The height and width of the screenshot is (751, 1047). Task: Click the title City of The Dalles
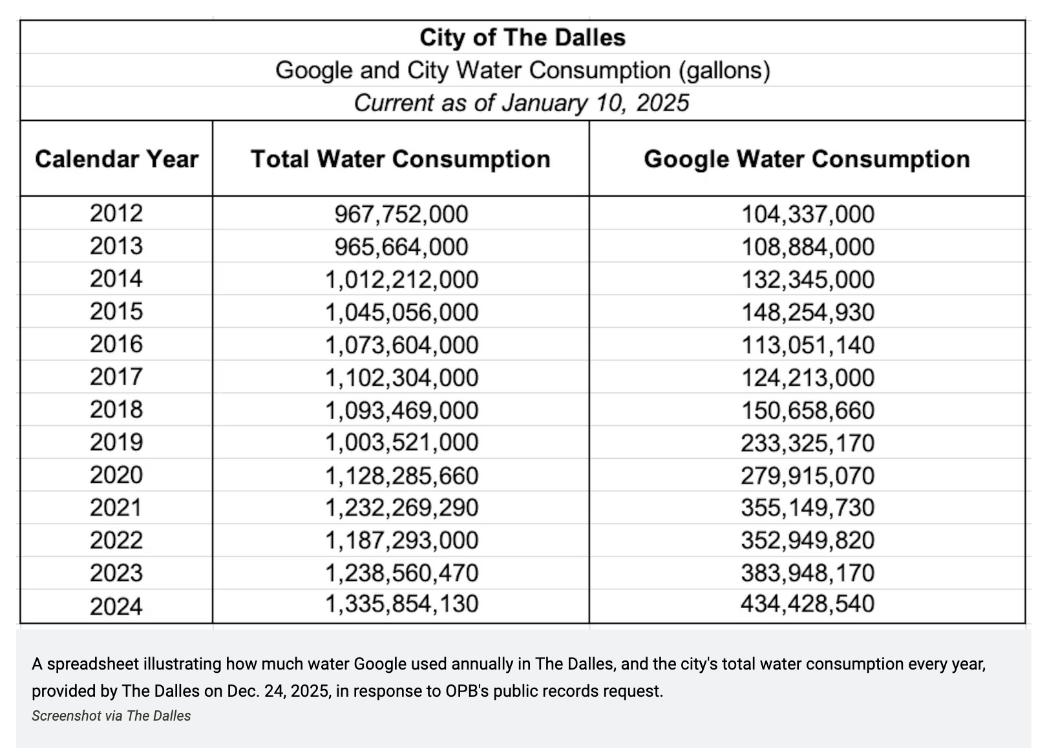pyautogui.click(x=522, y=37)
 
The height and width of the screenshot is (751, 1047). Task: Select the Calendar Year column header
pyautogui.click(x=116, y=159)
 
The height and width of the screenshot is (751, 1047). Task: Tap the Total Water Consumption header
pyautogui.click(x=401, y=159)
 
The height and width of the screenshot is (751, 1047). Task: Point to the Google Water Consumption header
pyautogui.click(x=807, y=159)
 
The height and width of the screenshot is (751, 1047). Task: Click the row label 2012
pyautogui.click(x=116, y=213)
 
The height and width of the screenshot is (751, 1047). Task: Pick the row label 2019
pyautogui.click(x=116, y=442)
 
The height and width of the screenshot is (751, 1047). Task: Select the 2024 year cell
pyautogui.click(x=116, y=606)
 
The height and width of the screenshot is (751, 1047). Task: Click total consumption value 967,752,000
pyautogui.click(x=401, y=214)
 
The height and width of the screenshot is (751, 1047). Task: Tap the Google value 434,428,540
pyautogui.click(x=807, y=604)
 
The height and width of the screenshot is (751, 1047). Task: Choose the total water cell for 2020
pyautogui.click(x=401, y=476)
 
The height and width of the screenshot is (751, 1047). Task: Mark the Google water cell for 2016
pyautogui.click(x=807, y=344)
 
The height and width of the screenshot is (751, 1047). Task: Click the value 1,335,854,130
pyautogui.click(x=401, y=604)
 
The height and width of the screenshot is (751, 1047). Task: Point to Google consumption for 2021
pyautogui.click(x=807, y=507)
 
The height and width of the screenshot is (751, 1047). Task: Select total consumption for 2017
pyautogui.click(x=401, y=377)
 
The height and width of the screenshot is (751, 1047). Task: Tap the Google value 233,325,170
pyautogui.click(x=807, y=443)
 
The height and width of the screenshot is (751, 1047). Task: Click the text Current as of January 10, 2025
pyautogui.click(x=522, y=103)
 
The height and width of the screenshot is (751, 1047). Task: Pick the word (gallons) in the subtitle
pyautogui.click(x=724, y=70)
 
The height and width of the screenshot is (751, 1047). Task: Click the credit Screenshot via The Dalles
pyautogui.click(x=111, y=716)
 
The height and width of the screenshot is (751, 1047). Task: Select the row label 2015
pyautogui.click(x=116, y=312)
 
